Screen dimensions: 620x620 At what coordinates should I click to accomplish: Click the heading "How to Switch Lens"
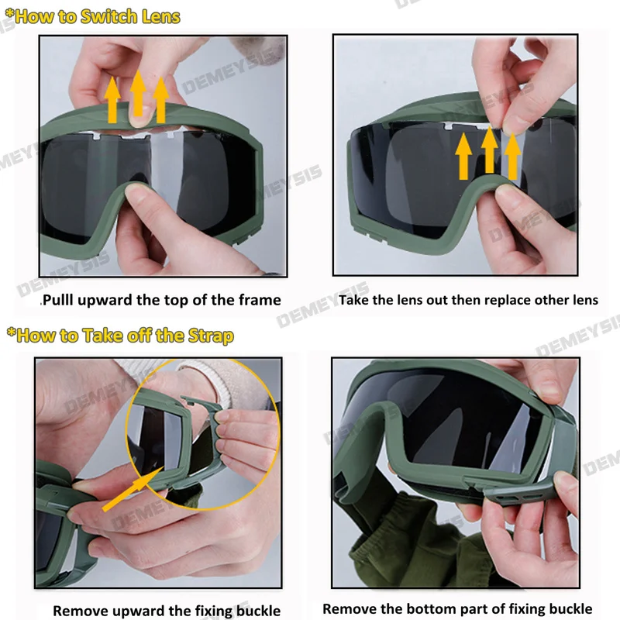97,16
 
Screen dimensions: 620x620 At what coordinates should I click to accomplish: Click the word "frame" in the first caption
257,300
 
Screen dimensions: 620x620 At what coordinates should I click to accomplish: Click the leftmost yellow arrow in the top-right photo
463,156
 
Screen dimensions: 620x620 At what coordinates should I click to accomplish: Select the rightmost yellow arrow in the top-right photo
512,156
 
